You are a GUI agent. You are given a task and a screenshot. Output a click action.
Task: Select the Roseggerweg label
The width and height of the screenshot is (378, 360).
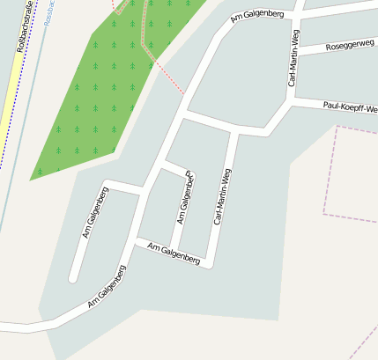349,45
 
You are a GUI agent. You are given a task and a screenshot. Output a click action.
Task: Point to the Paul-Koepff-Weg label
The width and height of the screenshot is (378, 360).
351,108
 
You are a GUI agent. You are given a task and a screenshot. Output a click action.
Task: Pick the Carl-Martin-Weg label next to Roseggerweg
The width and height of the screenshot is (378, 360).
293,63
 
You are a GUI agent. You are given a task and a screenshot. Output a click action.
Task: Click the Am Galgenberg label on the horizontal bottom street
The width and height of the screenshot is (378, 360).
174,253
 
